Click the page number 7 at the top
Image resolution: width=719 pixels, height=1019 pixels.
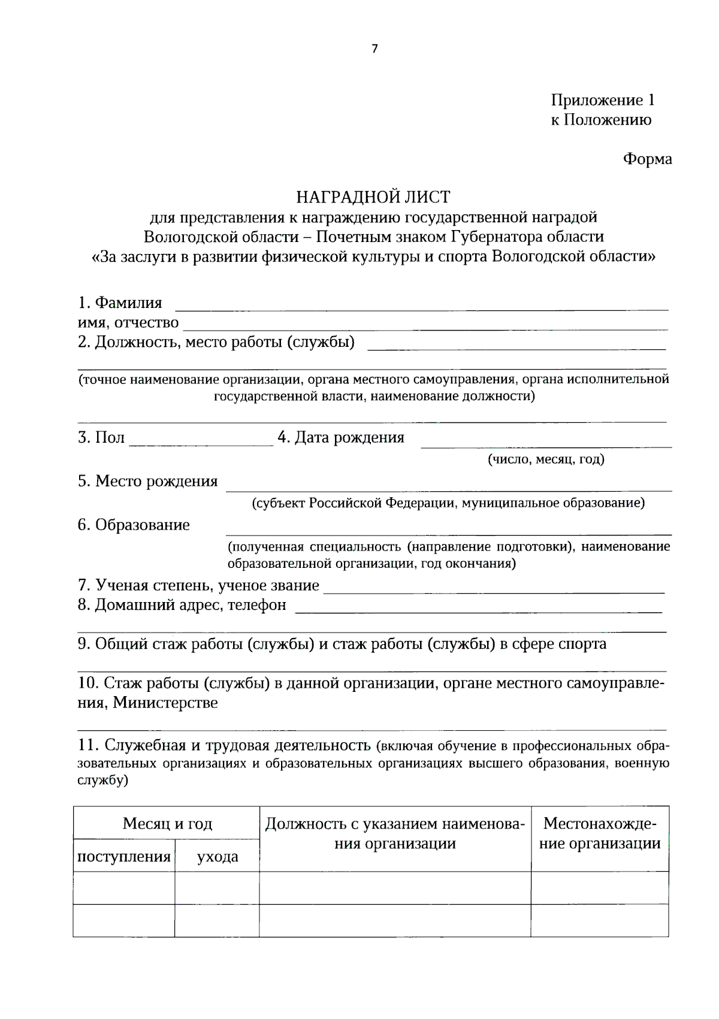point(374,49)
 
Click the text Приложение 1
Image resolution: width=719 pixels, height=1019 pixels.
point(602,100)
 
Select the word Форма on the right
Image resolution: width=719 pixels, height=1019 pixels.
point(647,159)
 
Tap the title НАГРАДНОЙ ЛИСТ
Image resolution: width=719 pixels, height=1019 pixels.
point(373,196)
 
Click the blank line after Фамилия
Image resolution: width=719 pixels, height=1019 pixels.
point(421,306)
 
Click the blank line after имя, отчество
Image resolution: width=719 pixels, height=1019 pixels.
point(425,325)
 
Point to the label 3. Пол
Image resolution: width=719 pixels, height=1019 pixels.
point(101,438)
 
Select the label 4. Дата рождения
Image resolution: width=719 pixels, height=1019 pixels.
point(340,438)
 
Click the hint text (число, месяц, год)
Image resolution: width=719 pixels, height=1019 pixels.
point(545,459)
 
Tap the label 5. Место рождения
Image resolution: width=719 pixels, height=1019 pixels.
point(147,482)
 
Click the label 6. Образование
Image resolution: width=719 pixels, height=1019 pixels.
point(133,525)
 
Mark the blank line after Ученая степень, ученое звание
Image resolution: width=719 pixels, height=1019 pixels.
point(494,588)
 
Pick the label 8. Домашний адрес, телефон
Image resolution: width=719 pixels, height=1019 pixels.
point(182,605)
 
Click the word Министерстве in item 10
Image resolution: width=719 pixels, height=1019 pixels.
point(165,703)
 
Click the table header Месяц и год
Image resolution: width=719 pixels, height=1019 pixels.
point(167,824)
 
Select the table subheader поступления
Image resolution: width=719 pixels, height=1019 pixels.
point(124,857)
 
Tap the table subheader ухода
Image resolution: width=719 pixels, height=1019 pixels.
point(217,857)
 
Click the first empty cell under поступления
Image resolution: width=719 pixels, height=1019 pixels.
point(124,888)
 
